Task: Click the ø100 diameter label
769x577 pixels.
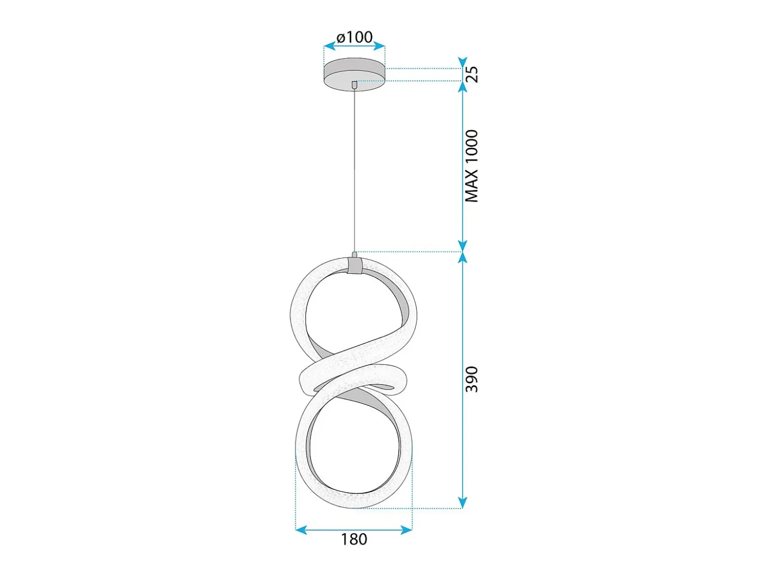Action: [354, 37]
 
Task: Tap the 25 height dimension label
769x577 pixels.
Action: [472, 74]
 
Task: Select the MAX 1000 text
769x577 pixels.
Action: [471, 166]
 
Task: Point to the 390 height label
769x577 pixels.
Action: [472, 380]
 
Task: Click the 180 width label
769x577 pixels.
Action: [354, 539]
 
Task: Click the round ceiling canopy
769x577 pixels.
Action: [354, 74]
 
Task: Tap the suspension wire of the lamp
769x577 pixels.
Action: [354, 170]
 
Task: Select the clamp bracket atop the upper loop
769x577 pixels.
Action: [355, 266]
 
